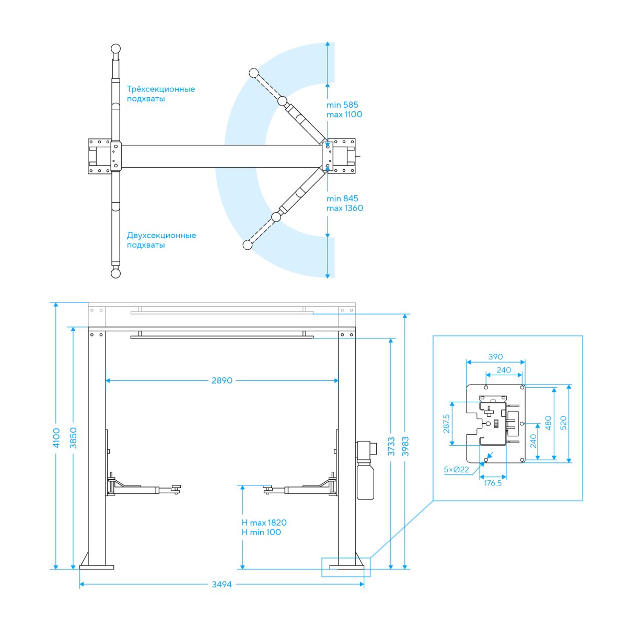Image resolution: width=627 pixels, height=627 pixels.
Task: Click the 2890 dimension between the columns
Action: [222, 380]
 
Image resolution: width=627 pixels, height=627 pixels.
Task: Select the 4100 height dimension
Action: [56, 438]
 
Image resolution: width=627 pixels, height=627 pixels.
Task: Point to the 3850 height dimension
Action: [73, 438]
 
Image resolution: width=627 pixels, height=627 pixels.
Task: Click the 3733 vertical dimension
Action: [391, 446]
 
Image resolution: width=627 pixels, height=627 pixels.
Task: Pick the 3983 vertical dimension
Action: [405, 446]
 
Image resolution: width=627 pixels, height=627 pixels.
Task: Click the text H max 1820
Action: [264, 522]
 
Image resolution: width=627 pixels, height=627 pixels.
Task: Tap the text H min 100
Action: [261, 532]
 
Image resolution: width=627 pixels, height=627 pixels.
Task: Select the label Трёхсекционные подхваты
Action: [161, 94]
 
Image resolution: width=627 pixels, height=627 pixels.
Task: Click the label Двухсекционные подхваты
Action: [161, 240]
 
